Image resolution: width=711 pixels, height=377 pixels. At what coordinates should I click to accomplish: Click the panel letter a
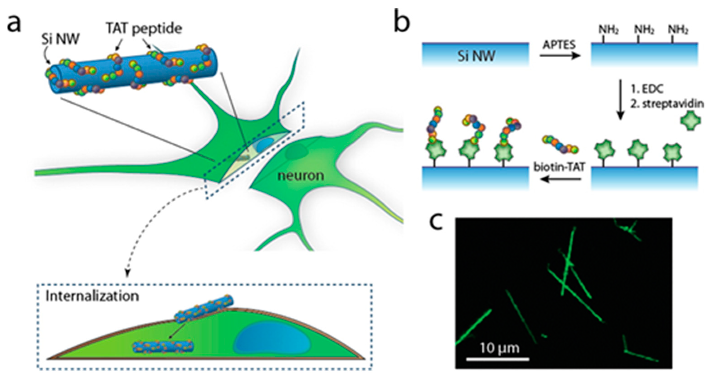(14, 25)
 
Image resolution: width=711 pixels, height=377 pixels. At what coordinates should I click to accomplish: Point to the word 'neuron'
(301, 175)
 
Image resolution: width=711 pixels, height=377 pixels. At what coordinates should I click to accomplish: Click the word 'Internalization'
(93, 296)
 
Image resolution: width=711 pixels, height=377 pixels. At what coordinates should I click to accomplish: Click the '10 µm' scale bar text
(500, 348)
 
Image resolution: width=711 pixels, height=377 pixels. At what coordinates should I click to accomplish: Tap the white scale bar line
(498, 359)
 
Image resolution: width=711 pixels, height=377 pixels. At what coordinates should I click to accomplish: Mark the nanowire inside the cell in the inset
(163, 347)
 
